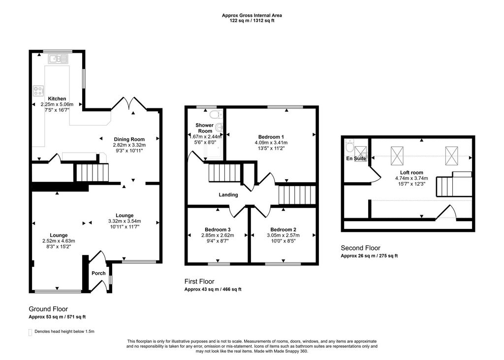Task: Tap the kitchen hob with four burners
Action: (38, 91)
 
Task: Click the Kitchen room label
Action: (57, 99)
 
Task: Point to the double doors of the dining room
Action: (129, 104)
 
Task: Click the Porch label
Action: (98, 273)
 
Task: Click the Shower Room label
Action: (205, 129)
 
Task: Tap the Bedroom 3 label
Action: (218, 229)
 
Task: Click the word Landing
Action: (228, 195)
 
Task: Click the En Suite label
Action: (356, 159)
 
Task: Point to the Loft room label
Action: (411, 172)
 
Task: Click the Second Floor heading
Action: (360, 248)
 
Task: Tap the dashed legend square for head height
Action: (31, 332)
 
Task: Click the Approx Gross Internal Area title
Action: (252, 16)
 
